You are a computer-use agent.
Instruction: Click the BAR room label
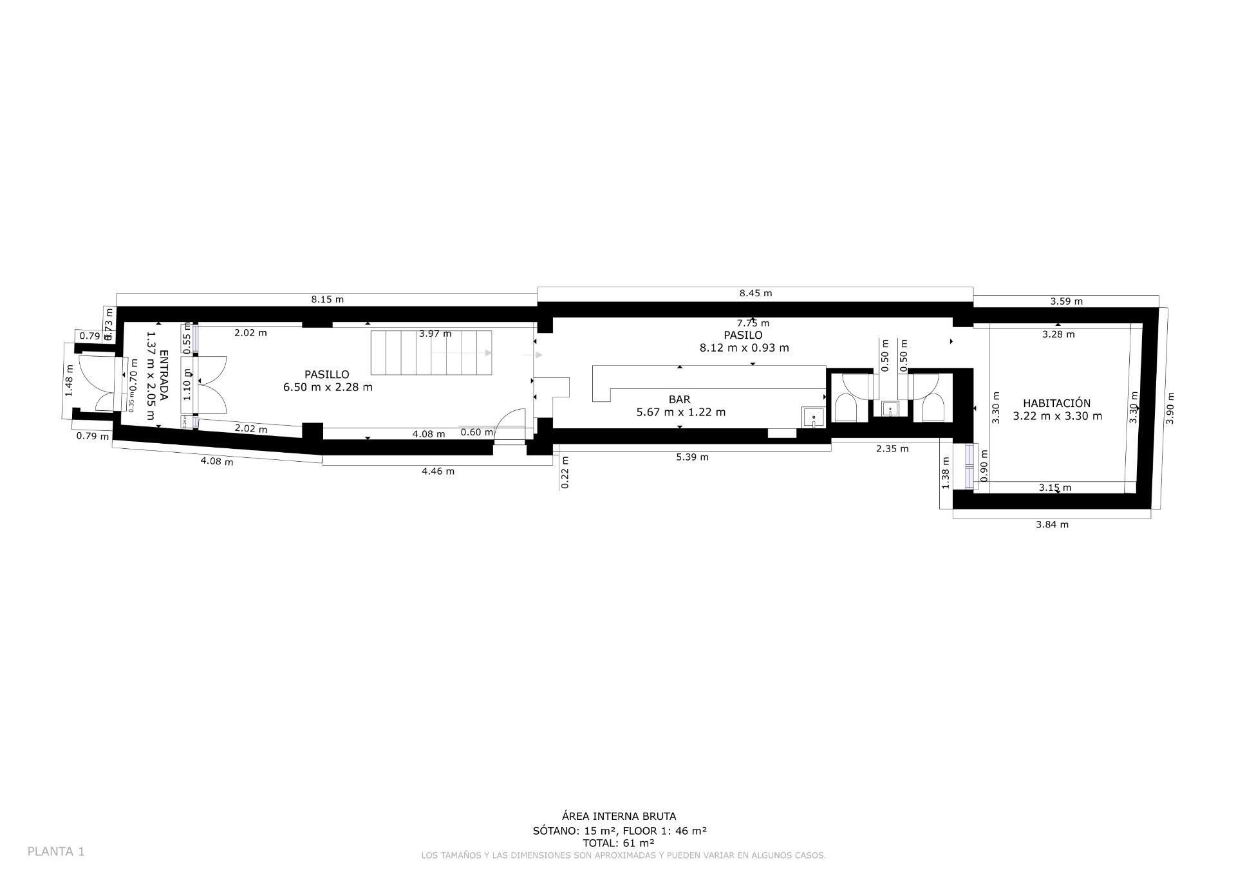pos(679,399)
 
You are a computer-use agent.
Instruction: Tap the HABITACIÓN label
pos(1056,403)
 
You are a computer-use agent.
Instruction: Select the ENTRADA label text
pos(164,375)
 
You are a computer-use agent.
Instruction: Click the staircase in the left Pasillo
pos(431,353)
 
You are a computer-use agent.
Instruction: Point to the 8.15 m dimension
pos(327,299)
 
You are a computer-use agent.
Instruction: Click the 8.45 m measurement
pos(755,293)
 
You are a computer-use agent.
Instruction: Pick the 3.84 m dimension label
pos(1051,524)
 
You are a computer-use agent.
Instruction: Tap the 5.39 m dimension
pos(692,457)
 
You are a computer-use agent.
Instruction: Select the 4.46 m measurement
pos(438,471)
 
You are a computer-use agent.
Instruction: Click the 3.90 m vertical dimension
pos(1170,408)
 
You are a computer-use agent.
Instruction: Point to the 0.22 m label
pos(565,472)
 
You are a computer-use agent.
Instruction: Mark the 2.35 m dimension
pos(892,448)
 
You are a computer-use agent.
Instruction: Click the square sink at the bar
pos(813,417)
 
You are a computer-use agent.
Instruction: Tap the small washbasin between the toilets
pos(890,408)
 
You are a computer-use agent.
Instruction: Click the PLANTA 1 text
pos(56,851)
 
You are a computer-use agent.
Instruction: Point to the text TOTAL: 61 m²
pos(618,842)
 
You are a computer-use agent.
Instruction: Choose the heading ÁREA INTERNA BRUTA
pos(619,816)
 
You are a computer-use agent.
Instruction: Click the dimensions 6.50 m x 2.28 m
pos(327,387)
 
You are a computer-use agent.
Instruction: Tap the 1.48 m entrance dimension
pos(70,381)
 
